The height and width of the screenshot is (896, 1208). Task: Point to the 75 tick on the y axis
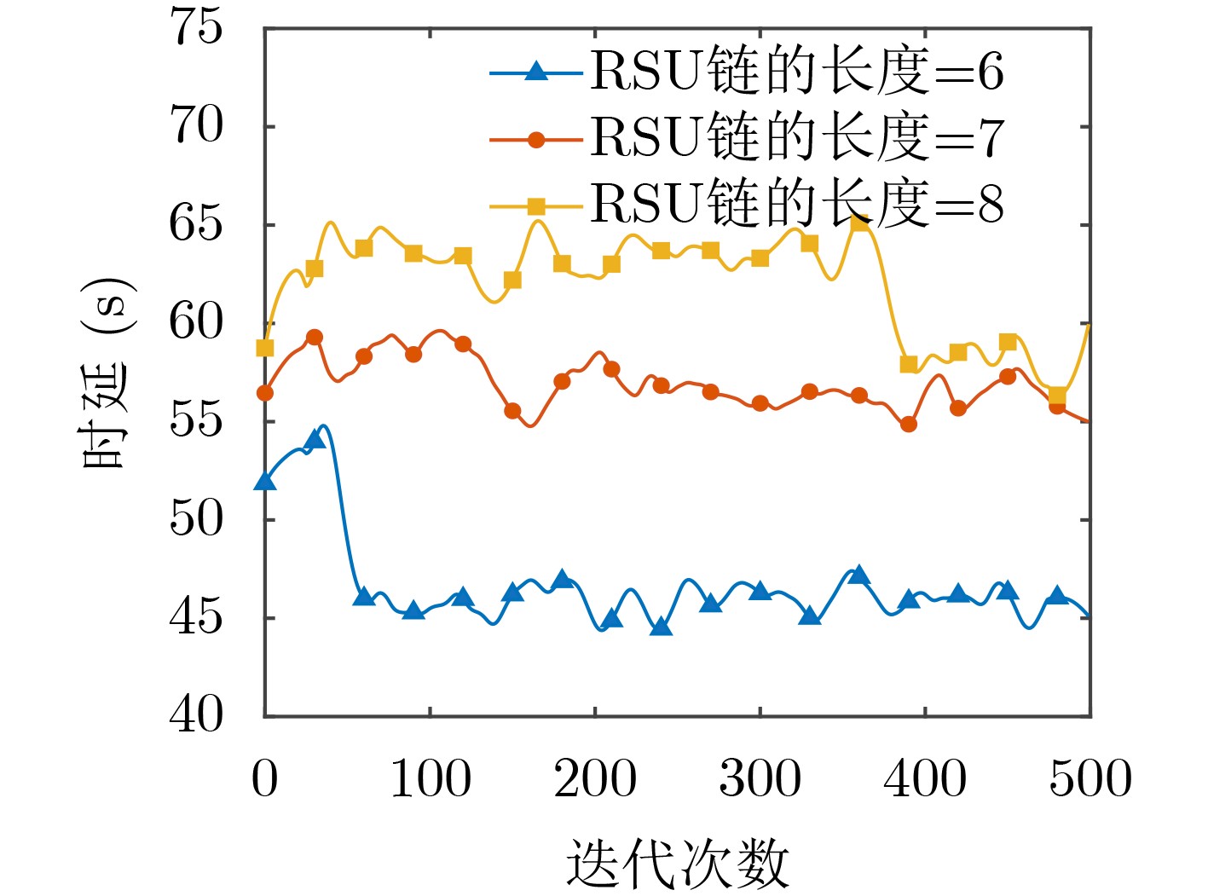coord(197,27)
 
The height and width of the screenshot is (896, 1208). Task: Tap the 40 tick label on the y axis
coord(197,715)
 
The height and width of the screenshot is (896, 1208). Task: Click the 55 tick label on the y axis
coord(197,421)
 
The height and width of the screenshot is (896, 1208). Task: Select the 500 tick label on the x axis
coord(1090,778)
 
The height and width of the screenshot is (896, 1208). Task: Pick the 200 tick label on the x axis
coord(595,778)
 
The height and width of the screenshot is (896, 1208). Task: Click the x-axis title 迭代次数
coord(678,863)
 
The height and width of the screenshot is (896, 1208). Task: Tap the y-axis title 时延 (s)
coord(107,373)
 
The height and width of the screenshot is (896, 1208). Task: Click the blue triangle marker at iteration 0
coord(265,482)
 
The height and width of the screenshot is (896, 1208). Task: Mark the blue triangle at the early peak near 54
coord(315,439)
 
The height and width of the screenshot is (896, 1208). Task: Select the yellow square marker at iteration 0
coord(265,348)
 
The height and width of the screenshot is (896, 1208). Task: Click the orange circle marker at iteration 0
coord(265,393)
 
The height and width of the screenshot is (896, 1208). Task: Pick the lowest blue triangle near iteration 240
coord(661,627)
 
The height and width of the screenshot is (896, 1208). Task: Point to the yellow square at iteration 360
coord(859,223)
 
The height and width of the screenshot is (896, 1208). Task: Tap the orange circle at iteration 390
coord(909,424)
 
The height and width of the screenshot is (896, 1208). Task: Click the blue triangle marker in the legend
coord(535,72)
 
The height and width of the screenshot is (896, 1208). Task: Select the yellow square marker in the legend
coord(535,206)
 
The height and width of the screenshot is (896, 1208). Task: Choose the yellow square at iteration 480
coord(1057,395)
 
